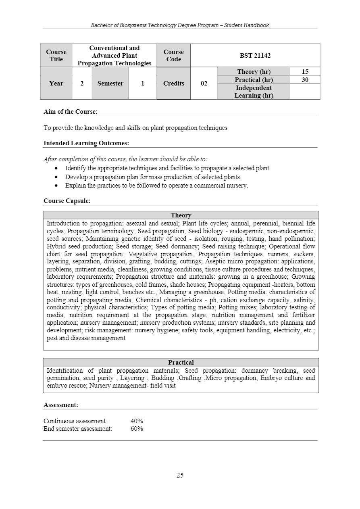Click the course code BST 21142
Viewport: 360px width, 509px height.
(255, 55)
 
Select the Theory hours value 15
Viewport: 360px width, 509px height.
(305, 72)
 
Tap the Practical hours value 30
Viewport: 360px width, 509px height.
(305, 80)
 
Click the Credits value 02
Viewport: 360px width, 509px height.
(204, 83)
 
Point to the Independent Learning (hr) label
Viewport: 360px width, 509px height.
(254, 92)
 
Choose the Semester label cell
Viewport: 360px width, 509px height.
(110, 83)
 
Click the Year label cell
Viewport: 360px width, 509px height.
(56, 83)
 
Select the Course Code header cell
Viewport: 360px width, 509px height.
(173, 55)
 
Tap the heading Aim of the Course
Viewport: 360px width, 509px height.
(71, 112)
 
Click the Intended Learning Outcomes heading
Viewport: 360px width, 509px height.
(86, 143)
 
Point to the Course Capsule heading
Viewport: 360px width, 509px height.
(67, 201)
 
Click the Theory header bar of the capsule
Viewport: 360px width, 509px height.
(181, 215)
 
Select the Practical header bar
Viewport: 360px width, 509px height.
(181, 363)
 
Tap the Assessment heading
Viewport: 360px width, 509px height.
(61, 405)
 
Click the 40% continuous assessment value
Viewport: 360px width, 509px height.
(137, 421)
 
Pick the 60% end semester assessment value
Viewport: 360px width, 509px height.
(137, 429)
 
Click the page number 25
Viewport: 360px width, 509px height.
(180, 475)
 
